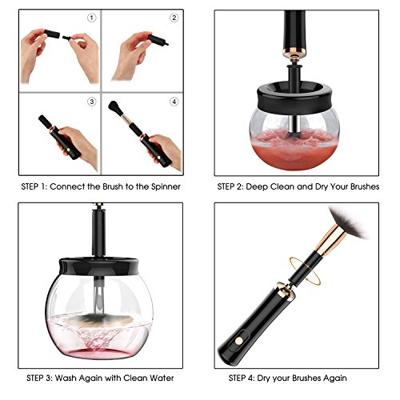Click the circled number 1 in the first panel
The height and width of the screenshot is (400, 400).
pyautogui.click(x=91, y=18)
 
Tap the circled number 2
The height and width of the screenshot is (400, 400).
pyautogui.click(x=174, y=18)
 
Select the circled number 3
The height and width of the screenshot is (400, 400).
pyautogui.click(x=91, y=102)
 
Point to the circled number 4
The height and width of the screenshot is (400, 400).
pyautogui.click(x=174, y=102)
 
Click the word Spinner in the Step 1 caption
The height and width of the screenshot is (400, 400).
pyautogui.click(x=166, y=186)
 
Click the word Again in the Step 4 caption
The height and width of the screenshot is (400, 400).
pyautogui.click(x=335, y=378)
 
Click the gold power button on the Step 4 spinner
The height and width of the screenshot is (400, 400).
pyautogui.click(x=239, y=340)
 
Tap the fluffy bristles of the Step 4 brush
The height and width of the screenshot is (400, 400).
pyautogui.click(x=348, y=222)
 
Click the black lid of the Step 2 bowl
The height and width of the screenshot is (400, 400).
pyautogui.click(x=294, y=98)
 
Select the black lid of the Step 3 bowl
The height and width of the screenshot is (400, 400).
pyautogui.click(x=98, y=266)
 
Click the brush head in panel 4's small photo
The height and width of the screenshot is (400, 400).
pyautogui.click(x=114, y=106)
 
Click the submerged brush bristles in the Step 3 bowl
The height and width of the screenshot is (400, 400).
pyautogui.click(x=99, y=318)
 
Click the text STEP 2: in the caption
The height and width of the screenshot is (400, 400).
pyautogui.click(x=230, y=186)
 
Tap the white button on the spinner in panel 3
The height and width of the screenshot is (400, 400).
pyautogui.click(x=70, y=150)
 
